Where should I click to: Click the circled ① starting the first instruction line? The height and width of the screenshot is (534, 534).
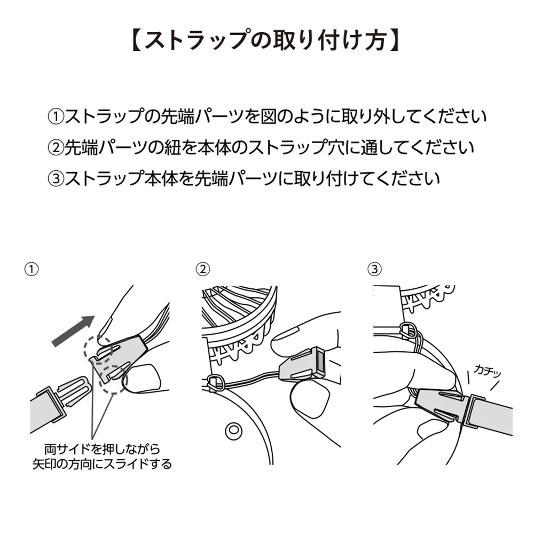[56, 116]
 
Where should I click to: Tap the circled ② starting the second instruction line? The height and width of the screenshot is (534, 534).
[56, 147]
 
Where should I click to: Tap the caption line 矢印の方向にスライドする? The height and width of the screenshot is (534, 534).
[101, 464]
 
